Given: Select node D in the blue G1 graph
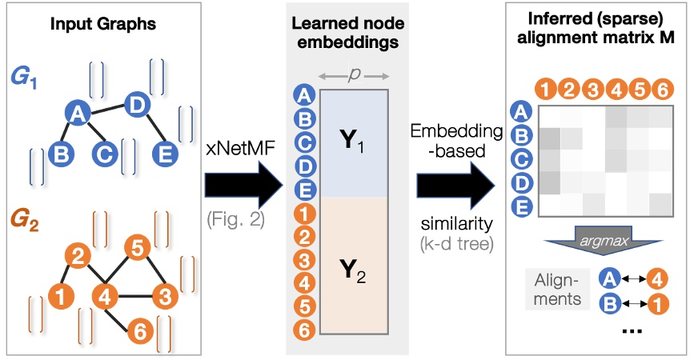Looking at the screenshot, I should pyautogui.click(x=137, y=104).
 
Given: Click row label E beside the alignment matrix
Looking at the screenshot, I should pyautogui.click(x=520, y=206).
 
